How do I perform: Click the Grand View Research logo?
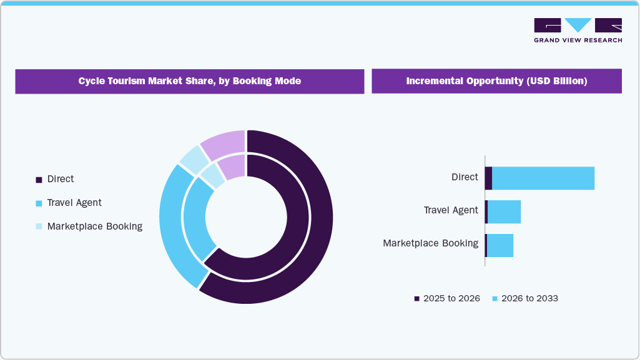coord(578,31)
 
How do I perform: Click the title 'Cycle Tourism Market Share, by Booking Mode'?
coord(189,81)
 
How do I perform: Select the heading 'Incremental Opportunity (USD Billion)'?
coord(496,81)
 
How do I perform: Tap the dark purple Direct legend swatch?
coord(39,180)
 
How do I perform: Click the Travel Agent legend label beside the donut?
coord(74,203)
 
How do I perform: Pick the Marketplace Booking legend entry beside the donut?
coord(94,226)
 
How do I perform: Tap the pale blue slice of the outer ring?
coord(193,157)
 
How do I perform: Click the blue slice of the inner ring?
coord(195,218)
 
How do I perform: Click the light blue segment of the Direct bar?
coord(543,178)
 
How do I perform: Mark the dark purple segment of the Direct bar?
coord(488,178)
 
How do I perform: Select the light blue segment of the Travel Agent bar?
coord(504,212)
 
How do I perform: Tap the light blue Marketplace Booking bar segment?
coord(500,245)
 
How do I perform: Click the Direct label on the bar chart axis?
coord(465,177)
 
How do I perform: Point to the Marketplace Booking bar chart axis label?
coord(430,243)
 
